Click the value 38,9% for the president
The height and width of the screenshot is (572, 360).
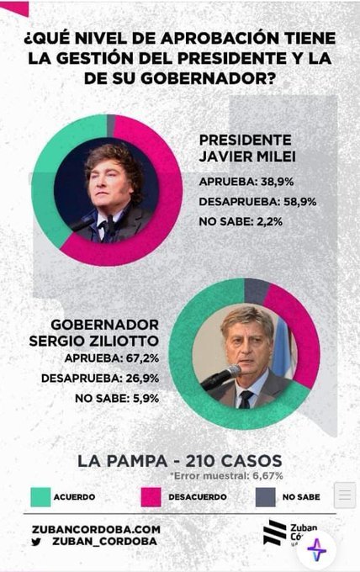277,182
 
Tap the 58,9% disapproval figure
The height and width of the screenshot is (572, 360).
299,201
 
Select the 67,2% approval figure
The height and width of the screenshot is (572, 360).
142,358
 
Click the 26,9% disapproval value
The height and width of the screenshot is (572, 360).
142,379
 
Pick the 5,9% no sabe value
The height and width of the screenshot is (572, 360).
145,399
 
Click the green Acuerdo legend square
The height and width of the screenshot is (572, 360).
40,497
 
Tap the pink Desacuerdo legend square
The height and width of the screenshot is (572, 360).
151,497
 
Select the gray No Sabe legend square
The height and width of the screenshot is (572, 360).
266,497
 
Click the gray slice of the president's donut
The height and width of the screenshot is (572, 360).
111,125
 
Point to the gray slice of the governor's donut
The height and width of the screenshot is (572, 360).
256,291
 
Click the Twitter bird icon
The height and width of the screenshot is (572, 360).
36,542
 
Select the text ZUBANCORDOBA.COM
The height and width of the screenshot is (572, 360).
96,529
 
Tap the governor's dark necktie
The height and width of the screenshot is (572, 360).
246,400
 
